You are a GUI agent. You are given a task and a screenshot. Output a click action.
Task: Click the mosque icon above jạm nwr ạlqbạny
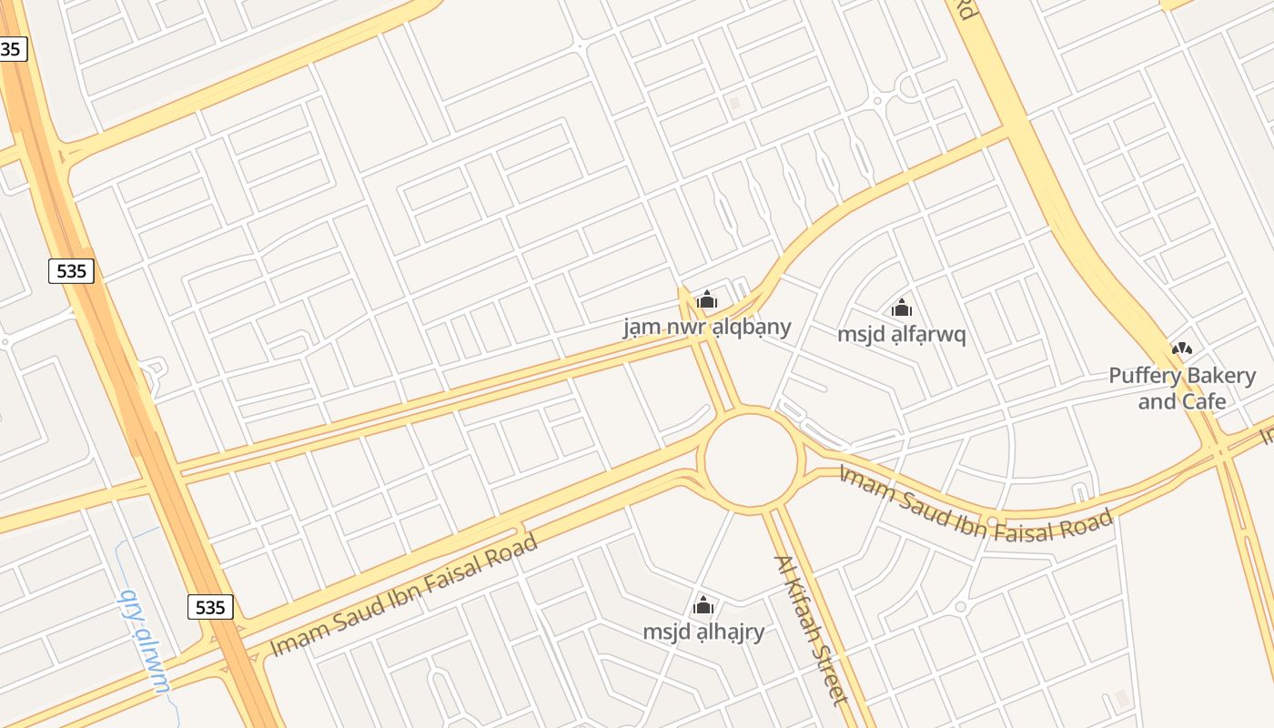point(707,299)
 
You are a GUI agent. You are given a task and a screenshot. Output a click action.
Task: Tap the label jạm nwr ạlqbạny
point(707,327)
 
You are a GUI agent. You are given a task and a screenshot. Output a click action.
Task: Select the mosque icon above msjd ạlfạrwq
point(902,308)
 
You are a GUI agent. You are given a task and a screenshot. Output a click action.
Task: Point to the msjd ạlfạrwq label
point(901,334)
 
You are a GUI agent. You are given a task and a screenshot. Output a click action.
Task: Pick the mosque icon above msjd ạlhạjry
point(703,605)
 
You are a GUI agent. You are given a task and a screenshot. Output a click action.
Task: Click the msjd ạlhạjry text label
point(703,632)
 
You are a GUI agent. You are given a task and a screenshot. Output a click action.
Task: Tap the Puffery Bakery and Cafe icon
point(1182,349)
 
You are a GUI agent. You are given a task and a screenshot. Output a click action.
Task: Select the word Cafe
point(1204,401)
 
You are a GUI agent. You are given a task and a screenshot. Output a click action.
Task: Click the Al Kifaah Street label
point(811,629)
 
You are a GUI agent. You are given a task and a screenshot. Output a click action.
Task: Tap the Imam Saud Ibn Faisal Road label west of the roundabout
point(405,595)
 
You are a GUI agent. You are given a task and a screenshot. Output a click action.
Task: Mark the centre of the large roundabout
point(751,460)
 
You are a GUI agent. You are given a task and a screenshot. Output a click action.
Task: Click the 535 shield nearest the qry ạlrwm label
point(210,607)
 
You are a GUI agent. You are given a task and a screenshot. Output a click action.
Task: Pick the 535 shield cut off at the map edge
point(12,49)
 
